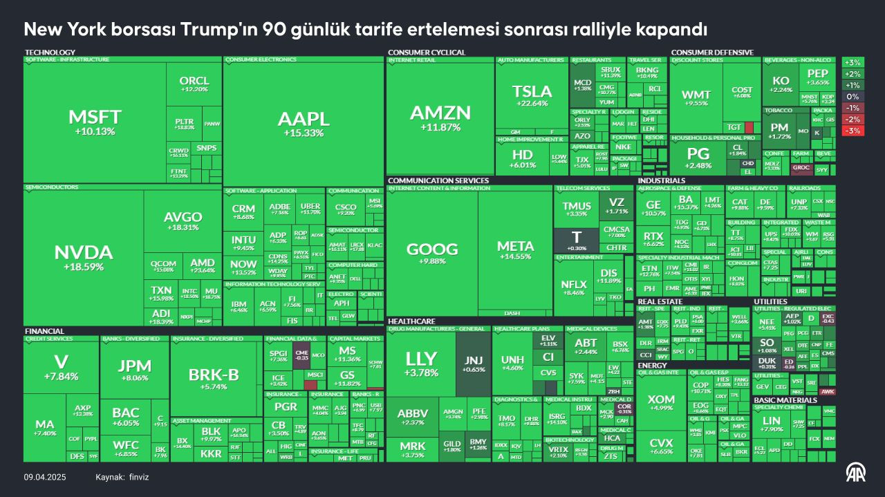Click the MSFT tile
[95, 122]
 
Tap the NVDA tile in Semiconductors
[83, 256]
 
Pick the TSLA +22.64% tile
[532, 95]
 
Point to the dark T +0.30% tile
[576, 240]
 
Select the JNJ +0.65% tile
[473, 362]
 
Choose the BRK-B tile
[214, 378]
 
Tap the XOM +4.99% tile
[660, 402]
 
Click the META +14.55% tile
[515, 250]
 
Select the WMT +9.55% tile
[696, 97]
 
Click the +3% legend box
[853, 63]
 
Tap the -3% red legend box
[853, 131]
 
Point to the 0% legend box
[853, 97]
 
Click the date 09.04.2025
[45, 478]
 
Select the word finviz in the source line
[139, 478]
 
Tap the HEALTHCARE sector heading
[411, 321]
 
